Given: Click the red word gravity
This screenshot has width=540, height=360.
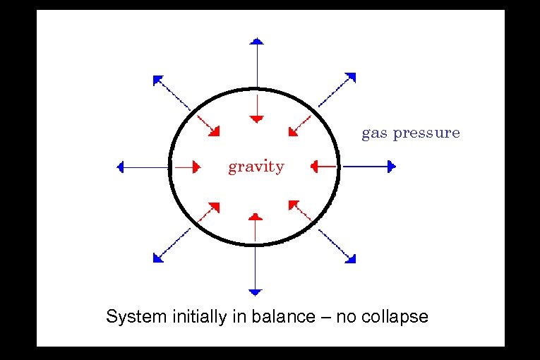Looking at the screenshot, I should pyautogui.click(x=256, y=167).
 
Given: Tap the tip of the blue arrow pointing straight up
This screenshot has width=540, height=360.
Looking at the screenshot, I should pyautogui.click(x=257, y=40).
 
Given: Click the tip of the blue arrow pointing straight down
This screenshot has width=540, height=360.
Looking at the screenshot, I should pyautogui.click(x=256, y=292).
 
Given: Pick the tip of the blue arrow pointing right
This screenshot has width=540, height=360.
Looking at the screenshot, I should pyautogui.click(x=394, y=167).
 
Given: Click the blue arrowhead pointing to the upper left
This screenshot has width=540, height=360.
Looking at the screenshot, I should pyautogui.click(x=157, y=78).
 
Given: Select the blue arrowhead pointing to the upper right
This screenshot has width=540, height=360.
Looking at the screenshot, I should pyautogui.click(x=351, y=76).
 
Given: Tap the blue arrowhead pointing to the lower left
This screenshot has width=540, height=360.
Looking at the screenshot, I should pyautogui.click(x=157, y=258).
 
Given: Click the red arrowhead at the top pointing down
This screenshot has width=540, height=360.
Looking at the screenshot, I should pyautogui.click(x=257, y=117).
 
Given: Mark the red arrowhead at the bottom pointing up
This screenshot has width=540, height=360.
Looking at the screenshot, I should pyautogui.click(x=256, y=215).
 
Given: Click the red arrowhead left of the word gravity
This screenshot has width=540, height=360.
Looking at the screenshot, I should pyautogui.click(x=197, y=167).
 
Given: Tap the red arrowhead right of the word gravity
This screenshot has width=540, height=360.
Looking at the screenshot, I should pyautogui.click(x=314, y=167).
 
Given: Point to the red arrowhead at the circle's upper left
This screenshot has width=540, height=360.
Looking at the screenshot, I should pyautogui.click(x=215, y=131).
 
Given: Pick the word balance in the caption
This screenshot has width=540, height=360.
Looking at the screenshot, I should pyautogui.click(x=280, y=316).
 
